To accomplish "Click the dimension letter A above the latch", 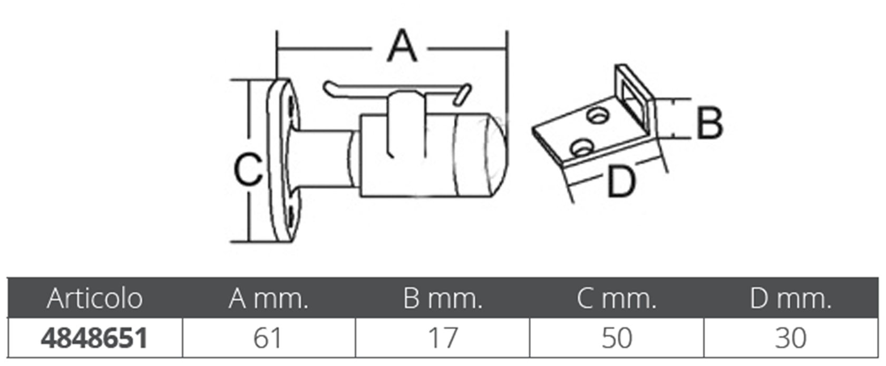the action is pos(402,46).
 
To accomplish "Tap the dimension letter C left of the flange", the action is pos(248,169).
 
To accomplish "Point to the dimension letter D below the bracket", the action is pos(621,181).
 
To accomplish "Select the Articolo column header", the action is pos(94,299).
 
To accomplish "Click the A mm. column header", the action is pos(268,299).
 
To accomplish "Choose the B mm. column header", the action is pos(443,299).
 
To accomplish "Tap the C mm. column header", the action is pos(617,299).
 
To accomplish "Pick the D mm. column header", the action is pos(791,299).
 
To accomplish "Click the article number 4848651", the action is pos(94,338).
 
